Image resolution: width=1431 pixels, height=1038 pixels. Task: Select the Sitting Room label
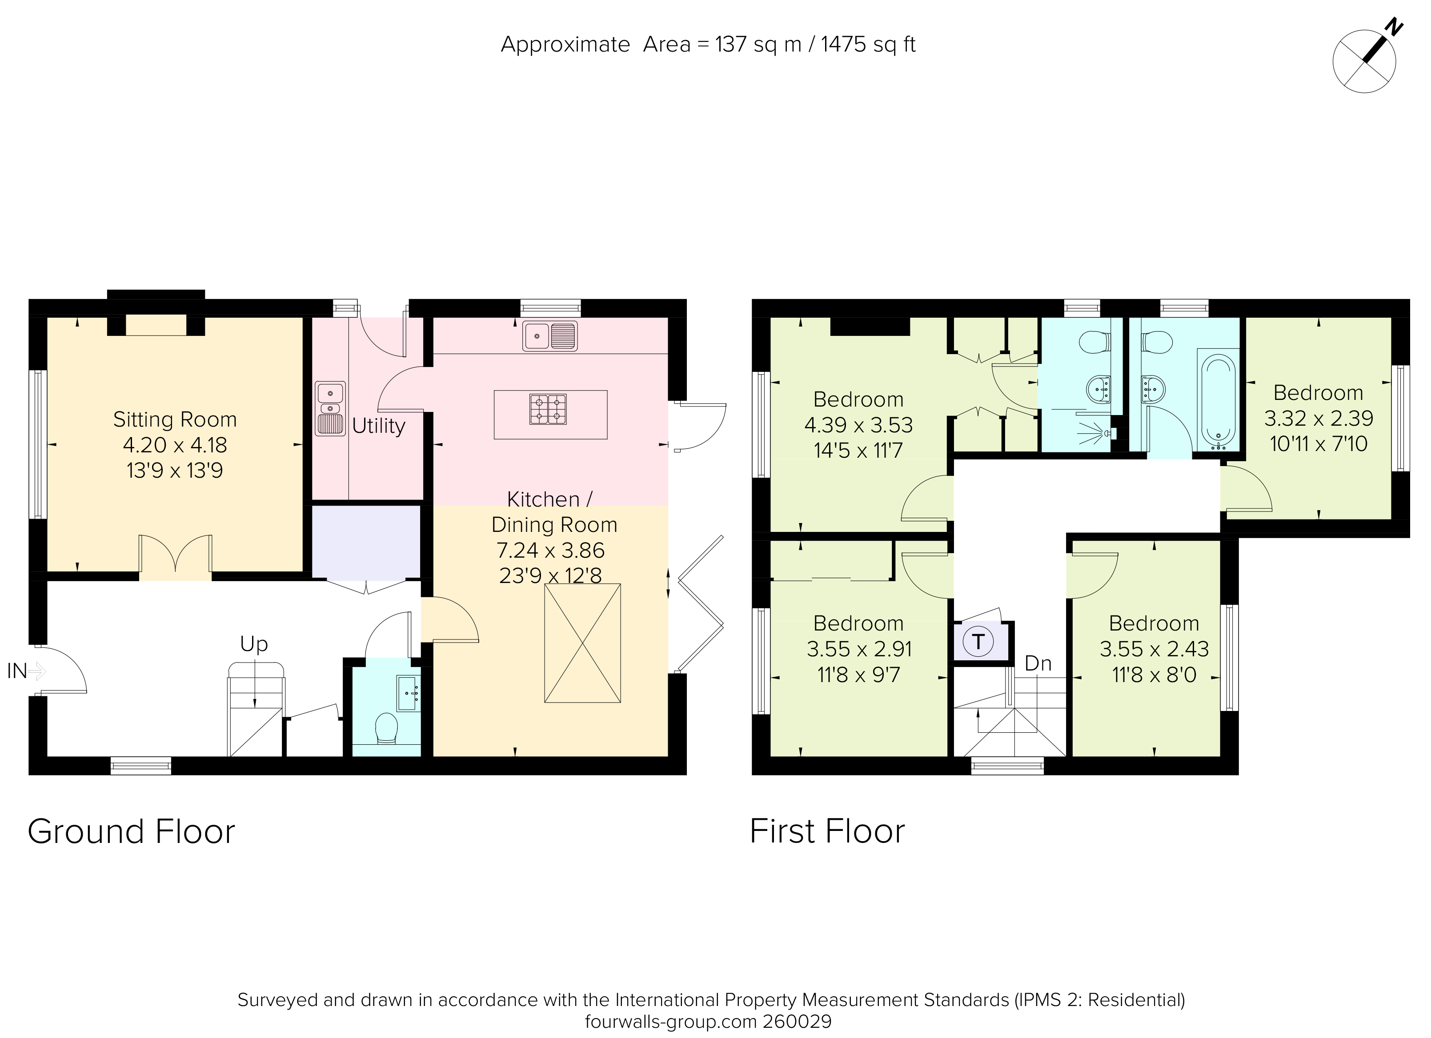tap(175, 419)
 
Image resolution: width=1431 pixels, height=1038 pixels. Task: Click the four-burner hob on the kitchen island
tap(548, 409)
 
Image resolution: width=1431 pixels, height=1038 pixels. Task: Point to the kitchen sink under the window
tap(549, 336)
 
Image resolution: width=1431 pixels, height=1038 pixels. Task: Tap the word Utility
tap(379, 426)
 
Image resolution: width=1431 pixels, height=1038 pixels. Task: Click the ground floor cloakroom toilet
tap(386, 728)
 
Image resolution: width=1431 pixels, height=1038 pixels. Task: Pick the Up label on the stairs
tap(254, 644)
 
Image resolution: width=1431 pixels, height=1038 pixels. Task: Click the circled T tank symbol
tap(978, 642)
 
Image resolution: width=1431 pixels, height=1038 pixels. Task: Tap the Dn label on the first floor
tap(1038, 663)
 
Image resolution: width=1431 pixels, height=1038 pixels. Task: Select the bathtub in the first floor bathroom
tap(1219, 401)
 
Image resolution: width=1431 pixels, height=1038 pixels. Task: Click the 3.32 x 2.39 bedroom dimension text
tap(1318, 418)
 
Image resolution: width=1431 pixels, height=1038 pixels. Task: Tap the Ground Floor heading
tap(131, 832)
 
